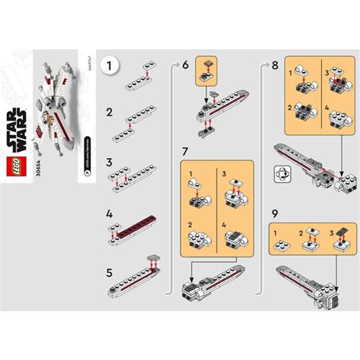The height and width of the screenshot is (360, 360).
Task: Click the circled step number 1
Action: pos(113,66)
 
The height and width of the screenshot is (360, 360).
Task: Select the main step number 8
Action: pos(274,65)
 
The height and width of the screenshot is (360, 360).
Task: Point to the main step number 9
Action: pos(274,215)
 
